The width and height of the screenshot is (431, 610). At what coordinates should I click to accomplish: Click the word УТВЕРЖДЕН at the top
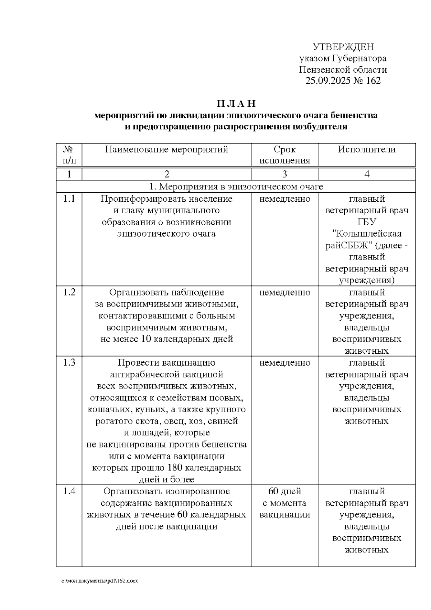(x=343, y=47)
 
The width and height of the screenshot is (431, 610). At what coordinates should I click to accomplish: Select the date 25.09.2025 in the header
(x=326, y=81)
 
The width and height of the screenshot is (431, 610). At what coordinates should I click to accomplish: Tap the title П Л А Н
(x=236, y=104)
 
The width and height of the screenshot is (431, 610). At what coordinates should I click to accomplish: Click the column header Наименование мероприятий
(x=167, y=150)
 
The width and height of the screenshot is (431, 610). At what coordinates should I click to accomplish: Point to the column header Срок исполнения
(x=284, y=155)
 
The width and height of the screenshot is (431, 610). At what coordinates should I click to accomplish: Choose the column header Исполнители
(x=367, y=150)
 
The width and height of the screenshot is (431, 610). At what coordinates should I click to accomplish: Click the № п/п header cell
(x=69, y=155)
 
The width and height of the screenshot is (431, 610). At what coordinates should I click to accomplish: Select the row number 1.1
(x=69, y=199)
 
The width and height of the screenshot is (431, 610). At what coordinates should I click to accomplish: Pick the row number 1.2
(x=69, y=292)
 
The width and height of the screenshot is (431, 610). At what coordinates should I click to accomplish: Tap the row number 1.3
(x=69, y=362)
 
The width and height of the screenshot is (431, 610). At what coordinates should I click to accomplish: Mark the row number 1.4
(x=69, y=491)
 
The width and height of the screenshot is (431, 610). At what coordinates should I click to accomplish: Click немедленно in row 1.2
(x=284, y=292)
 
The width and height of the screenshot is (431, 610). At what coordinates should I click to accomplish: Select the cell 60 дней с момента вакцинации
(x=284, y=503)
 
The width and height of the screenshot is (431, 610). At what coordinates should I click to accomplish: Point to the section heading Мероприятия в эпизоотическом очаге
(x=236, y=187)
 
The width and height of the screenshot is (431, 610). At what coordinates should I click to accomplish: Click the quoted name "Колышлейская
(x=367, y=234)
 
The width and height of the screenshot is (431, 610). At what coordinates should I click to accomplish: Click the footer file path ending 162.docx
(x=100, y=581)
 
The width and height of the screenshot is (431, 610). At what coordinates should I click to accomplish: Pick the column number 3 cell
(x=284, y=174)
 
